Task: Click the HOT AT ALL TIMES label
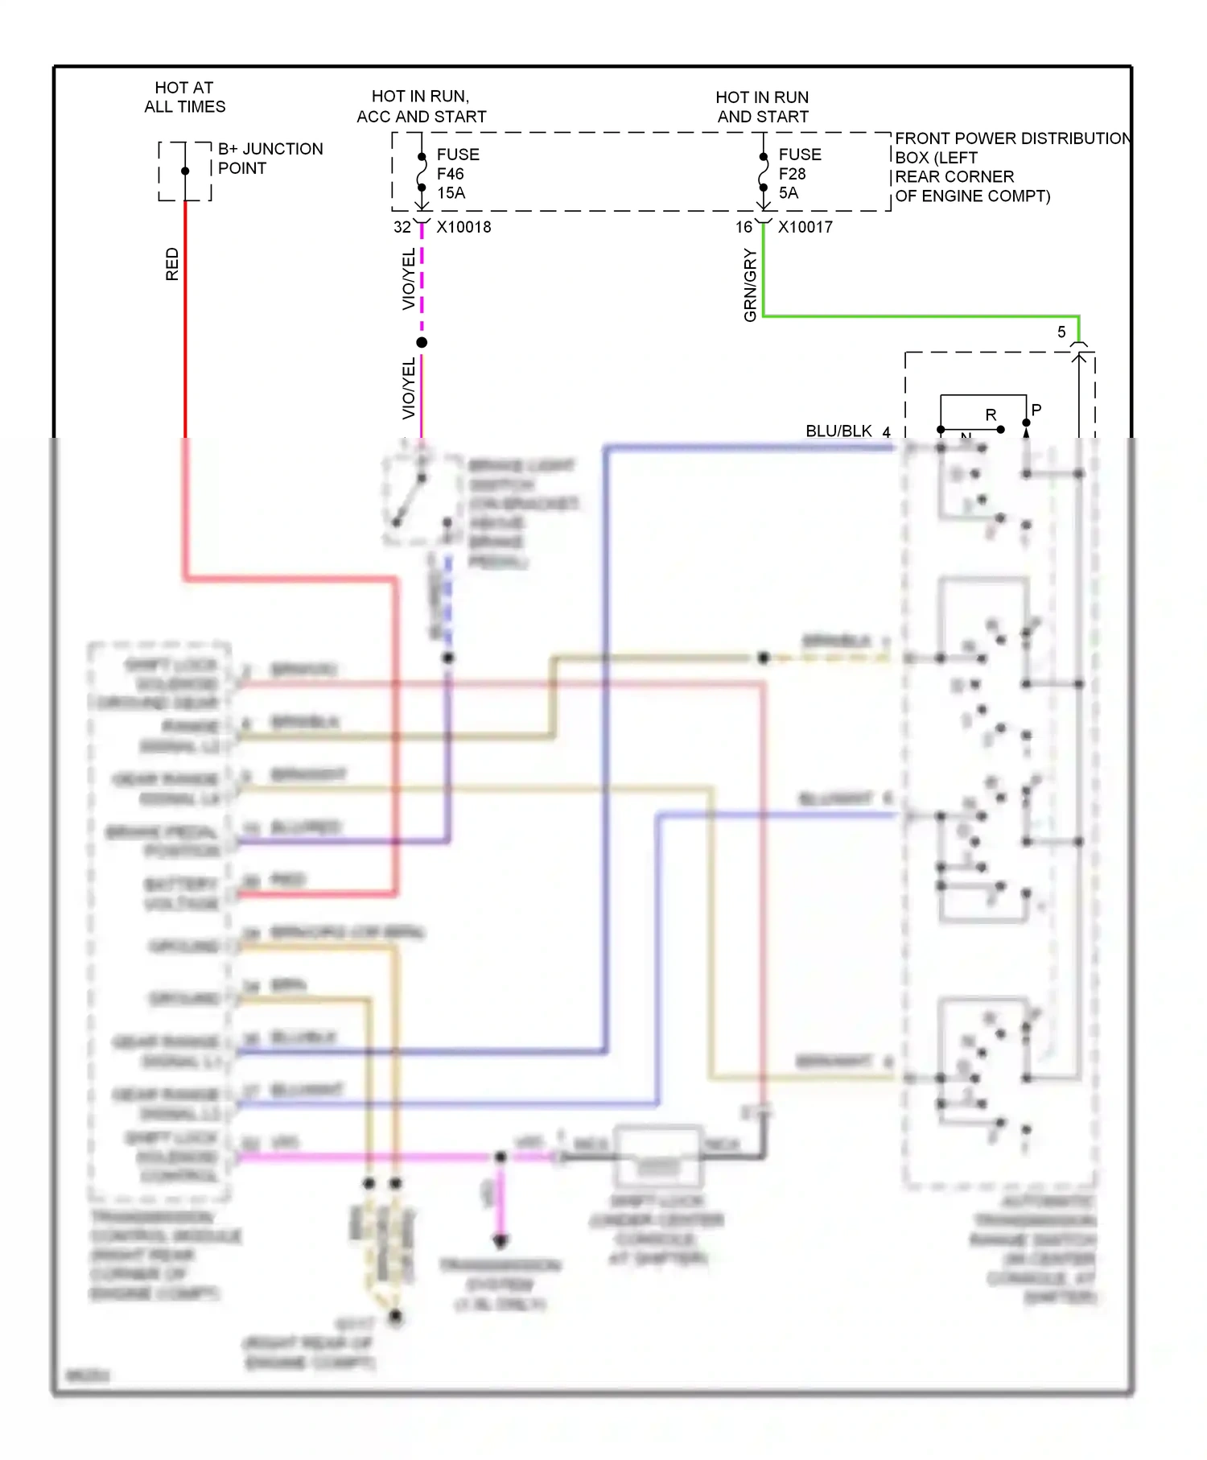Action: click(x=184, y=97)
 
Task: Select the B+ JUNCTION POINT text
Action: click(x=270, y=159)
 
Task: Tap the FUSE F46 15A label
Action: click(x=457, y=174)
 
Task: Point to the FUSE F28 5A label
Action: click(x=799, y=174)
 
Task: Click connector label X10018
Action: click(x=463, y=228)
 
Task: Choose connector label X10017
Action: click(x=805, y=228)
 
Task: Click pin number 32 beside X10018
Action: click(x=402, y=228)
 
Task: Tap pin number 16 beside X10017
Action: click(x=744, y=228)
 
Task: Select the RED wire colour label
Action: click(x=172, y=264)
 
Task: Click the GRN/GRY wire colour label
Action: click(x=750, y=285)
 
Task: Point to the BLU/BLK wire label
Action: click(x=838, y=431)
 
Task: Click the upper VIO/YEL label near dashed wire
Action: click(x=409, y=278)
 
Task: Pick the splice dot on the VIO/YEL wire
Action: click(x=422, y=343)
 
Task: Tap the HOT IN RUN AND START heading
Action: click(x=762, y=107)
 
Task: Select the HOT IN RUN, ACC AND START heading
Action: click(x=421, y=106)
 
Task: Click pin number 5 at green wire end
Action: click(x=1061, y=332)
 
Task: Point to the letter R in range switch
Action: click(x=991, y=415)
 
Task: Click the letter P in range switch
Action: click(x=1036, y=410)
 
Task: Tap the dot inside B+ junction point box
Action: click(x=185, y=171)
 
